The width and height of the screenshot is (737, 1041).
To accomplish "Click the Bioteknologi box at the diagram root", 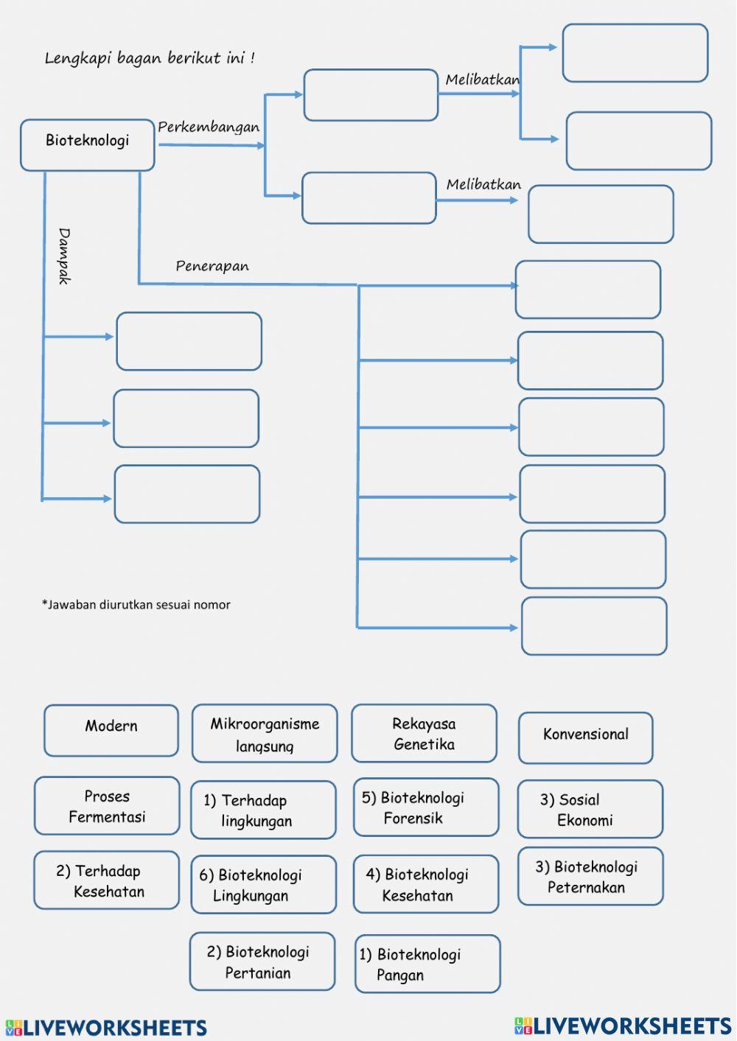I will [87, 144].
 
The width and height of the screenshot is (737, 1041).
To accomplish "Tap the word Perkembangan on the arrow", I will [209, 127].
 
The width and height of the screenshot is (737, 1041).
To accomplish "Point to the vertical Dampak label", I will [64, 256].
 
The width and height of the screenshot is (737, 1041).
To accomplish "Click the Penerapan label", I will [212, 266].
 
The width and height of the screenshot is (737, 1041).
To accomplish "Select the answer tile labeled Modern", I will [111, 730].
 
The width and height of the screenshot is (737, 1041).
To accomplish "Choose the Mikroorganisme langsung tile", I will [265, 734].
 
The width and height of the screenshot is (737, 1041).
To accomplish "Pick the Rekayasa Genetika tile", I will [424, 734].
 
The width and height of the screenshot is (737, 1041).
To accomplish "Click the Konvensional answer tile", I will [586, 737].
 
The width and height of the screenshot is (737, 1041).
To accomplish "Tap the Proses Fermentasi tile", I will [107, 806].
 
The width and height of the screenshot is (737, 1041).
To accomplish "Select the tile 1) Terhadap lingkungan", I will [263, 810].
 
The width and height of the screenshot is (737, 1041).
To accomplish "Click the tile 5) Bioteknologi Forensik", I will [426, 807].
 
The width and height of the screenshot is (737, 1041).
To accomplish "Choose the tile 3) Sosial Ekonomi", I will [590, 810].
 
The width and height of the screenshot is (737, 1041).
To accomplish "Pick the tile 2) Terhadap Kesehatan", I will [107, 880].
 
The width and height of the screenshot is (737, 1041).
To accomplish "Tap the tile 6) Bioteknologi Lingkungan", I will [263, 885].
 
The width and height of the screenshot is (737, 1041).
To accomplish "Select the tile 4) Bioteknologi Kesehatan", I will [426, 885].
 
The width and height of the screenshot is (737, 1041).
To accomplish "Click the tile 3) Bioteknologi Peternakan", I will [590, 877].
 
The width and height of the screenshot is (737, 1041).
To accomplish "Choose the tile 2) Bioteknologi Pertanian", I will [262, 961].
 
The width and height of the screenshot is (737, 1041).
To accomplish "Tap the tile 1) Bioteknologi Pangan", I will [427, 964].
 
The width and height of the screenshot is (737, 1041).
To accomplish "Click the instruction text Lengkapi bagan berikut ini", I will [150, 58].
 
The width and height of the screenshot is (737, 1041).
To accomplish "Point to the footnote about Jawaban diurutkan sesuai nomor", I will [136, 605].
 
